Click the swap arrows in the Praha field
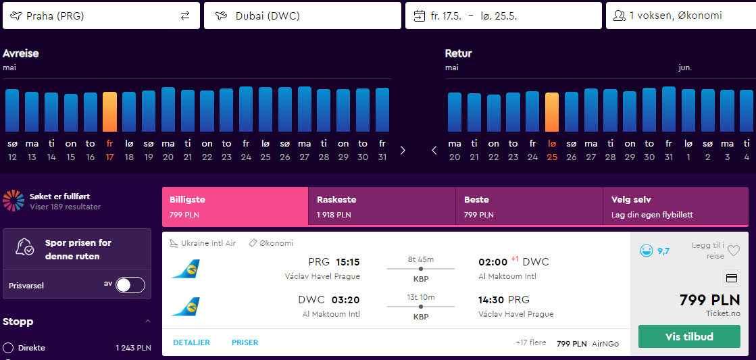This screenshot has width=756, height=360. [185, 16]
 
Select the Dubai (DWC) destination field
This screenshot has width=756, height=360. [302, 16]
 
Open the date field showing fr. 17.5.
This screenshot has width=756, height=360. [503, 16]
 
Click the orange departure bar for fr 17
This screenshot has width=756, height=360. [109, 112]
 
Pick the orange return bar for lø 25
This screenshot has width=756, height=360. [552, 112]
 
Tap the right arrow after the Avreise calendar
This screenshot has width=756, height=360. [403, 151]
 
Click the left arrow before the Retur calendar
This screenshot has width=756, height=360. [434, 151]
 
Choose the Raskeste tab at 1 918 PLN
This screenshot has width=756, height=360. [382, 206]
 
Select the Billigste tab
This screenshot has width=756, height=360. [235, 206]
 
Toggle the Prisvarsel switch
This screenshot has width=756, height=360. [130, 285]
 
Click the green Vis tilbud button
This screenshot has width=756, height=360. [689, 336]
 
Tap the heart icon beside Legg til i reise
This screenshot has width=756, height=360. [733, 251]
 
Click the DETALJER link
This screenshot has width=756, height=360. [191, 342]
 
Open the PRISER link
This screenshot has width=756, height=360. [245, 342]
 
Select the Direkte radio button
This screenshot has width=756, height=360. [7, 347]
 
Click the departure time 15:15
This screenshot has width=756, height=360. [348, 262]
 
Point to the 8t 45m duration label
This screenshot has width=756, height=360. [421, 260]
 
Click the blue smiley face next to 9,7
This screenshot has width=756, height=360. [646, 251]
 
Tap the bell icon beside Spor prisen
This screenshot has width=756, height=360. [24, 247]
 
